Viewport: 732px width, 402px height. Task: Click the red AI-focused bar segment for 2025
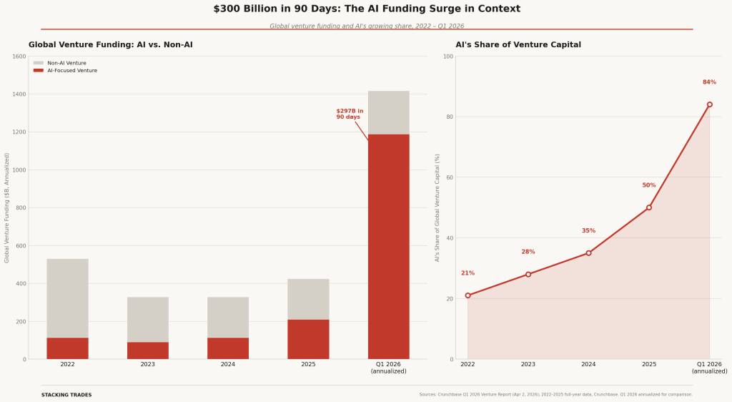point(308,339)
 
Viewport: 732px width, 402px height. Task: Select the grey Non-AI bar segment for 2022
point(67,298)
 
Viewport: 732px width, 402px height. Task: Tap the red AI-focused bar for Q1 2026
point(388,246)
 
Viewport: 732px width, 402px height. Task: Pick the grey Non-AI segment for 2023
point(148,319)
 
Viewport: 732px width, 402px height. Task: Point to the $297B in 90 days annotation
point(350,114)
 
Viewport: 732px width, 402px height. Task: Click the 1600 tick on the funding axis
point(19,57)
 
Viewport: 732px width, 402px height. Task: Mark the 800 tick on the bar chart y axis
point(20,208)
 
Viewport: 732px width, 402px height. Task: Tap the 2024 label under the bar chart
point(228,364)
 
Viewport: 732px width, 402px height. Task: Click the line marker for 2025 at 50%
point(649,207)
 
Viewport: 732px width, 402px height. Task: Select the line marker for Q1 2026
point(709,104)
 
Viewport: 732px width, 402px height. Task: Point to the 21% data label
point(468,273)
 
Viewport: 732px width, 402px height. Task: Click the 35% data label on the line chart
point(588,231)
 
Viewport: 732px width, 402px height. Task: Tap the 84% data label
point(709,82)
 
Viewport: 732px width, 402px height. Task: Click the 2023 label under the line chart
point(528,364)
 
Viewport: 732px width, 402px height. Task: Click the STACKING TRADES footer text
point(66,395)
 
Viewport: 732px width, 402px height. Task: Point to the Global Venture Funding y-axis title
point(7,207)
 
